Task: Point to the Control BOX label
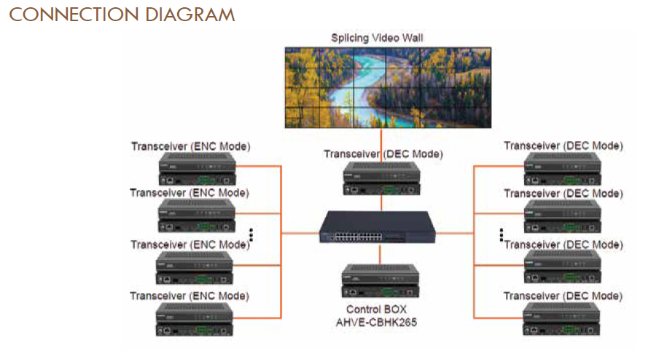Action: click(377, 309)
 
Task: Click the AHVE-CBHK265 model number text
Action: click(377, 321)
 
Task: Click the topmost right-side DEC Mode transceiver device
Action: click(563, 171)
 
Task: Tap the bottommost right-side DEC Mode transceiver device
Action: click(563, 319)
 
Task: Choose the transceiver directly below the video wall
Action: click(381, 178)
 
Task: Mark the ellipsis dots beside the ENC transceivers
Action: click(251, 234)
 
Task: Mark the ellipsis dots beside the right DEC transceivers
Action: click(502, 234)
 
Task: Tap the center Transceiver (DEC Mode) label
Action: click(383, 154)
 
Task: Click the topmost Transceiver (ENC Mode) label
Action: click(190, 146)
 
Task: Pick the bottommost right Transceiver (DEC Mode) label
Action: click(563, 296)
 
